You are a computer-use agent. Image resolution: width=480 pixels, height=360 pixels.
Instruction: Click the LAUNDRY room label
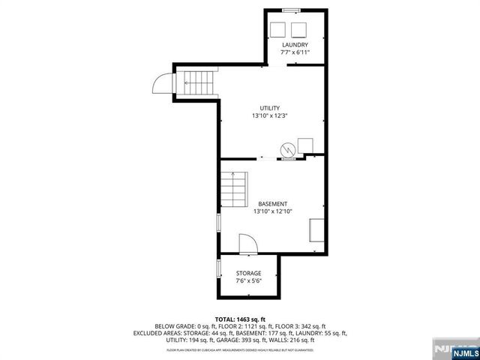(294, 46)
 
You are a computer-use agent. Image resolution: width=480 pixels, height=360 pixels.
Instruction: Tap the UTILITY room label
(269, 109)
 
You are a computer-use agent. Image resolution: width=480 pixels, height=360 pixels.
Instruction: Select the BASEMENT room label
(272, 204)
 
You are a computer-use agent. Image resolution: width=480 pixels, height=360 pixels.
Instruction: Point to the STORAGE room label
(248, 273)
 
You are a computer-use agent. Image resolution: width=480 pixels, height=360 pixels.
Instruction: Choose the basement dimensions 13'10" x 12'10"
(272, 212)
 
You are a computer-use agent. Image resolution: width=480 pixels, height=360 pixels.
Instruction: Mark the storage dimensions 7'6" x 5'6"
(248, 281)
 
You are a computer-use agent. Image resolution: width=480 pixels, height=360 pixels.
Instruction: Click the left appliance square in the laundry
(277, 29)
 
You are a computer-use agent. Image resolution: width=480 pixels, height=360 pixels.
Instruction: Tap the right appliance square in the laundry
(299, 29)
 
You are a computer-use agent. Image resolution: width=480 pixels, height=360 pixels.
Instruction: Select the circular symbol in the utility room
(288, 150)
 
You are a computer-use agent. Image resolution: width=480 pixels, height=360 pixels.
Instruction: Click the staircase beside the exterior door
(199, 82)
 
